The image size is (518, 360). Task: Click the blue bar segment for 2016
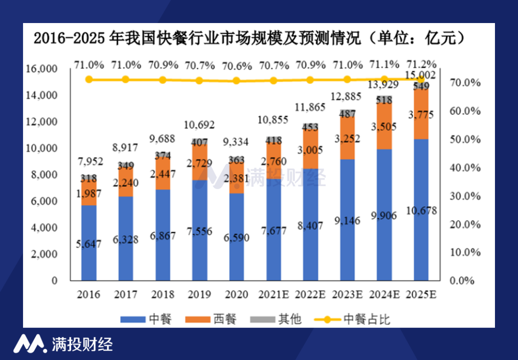(89, 242)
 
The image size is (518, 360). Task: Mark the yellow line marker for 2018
(163, 80)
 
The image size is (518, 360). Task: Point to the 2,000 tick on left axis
(44, 254)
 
